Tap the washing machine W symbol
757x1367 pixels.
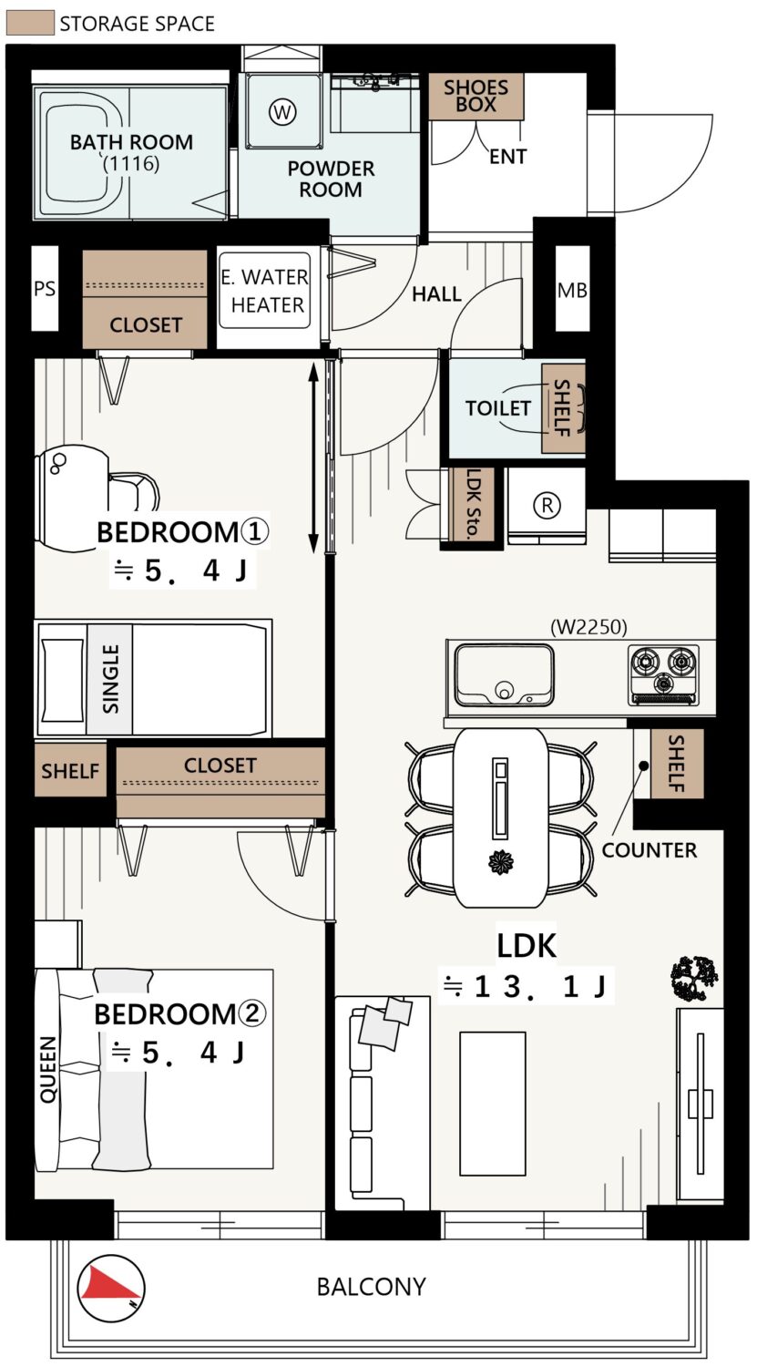[x=282, y=112]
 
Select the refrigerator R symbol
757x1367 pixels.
[x=547, y=505]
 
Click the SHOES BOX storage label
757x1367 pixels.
[x=476, y=96]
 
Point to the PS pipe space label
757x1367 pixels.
[x=45, y=288]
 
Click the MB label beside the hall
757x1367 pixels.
[x=572, y=291]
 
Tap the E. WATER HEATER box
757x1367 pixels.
[x=265, y=291]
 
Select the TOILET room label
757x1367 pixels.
[x=497, y=407]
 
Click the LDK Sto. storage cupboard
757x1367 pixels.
[x=471, y=504]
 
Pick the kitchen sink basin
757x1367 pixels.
[x=504, y=674]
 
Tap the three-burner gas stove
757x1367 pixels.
[x=664, y=674]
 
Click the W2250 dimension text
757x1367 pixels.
[x=588, y=627]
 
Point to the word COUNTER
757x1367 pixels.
[x=649, y=850]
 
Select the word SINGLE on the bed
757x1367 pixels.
[x=110, y=679]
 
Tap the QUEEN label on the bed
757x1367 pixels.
[x=48, y=1069]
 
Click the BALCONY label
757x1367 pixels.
[x=371, y=1287]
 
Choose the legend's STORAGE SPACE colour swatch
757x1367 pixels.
[x=30, y=23]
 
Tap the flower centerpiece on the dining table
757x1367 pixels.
[x=501, y=862]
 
